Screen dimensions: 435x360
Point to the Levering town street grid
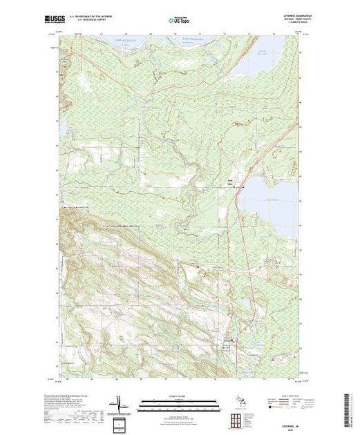point(231,342)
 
